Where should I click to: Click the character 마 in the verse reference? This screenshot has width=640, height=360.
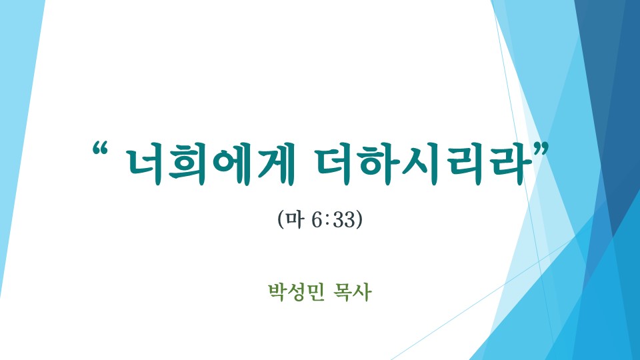[295, 219]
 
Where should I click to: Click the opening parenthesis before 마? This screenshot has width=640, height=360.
[281, 219]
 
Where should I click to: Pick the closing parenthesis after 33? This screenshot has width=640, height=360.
[359, 219]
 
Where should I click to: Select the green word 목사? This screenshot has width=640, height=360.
[352, 292]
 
